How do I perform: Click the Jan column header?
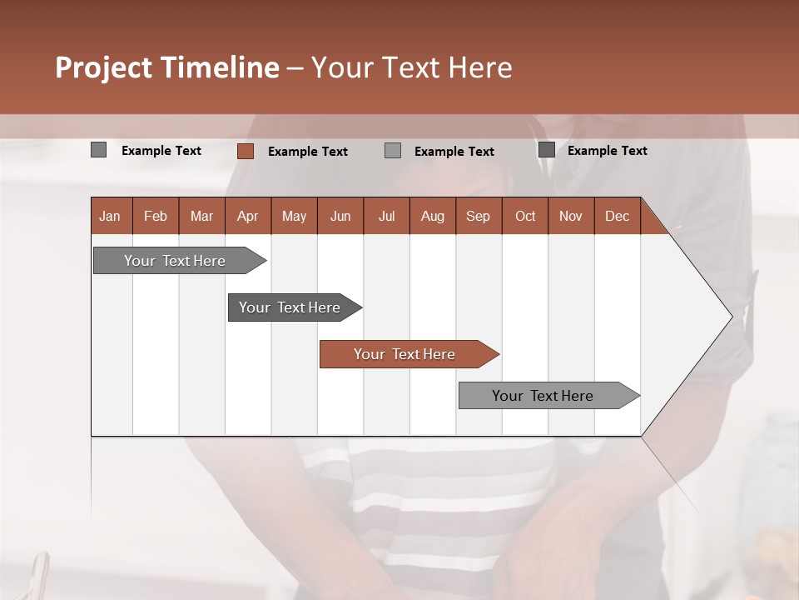point(110,216)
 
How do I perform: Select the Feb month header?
point(156,216)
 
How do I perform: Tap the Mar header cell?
point(201,216)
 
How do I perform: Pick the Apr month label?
point(247,216)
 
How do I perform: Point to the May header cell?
point(294,216)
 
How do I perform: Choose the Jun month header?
point(340,216)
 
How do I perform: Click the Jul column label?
point(386,216)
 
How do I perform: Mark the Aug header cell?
point(432,216)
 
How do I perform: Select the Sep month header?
point(478,216)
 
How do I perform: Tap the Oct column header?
point(525,216)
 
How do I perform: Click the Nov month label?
point(571,216)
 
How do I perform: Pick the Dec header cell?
point(617,216)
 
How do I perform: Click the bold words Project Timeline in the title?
point(167,67)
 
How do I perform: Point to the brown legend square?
point(245,151)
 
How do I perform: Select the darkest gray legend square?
point(546,150)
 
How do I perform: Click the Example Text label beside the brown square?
point(307,152)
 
